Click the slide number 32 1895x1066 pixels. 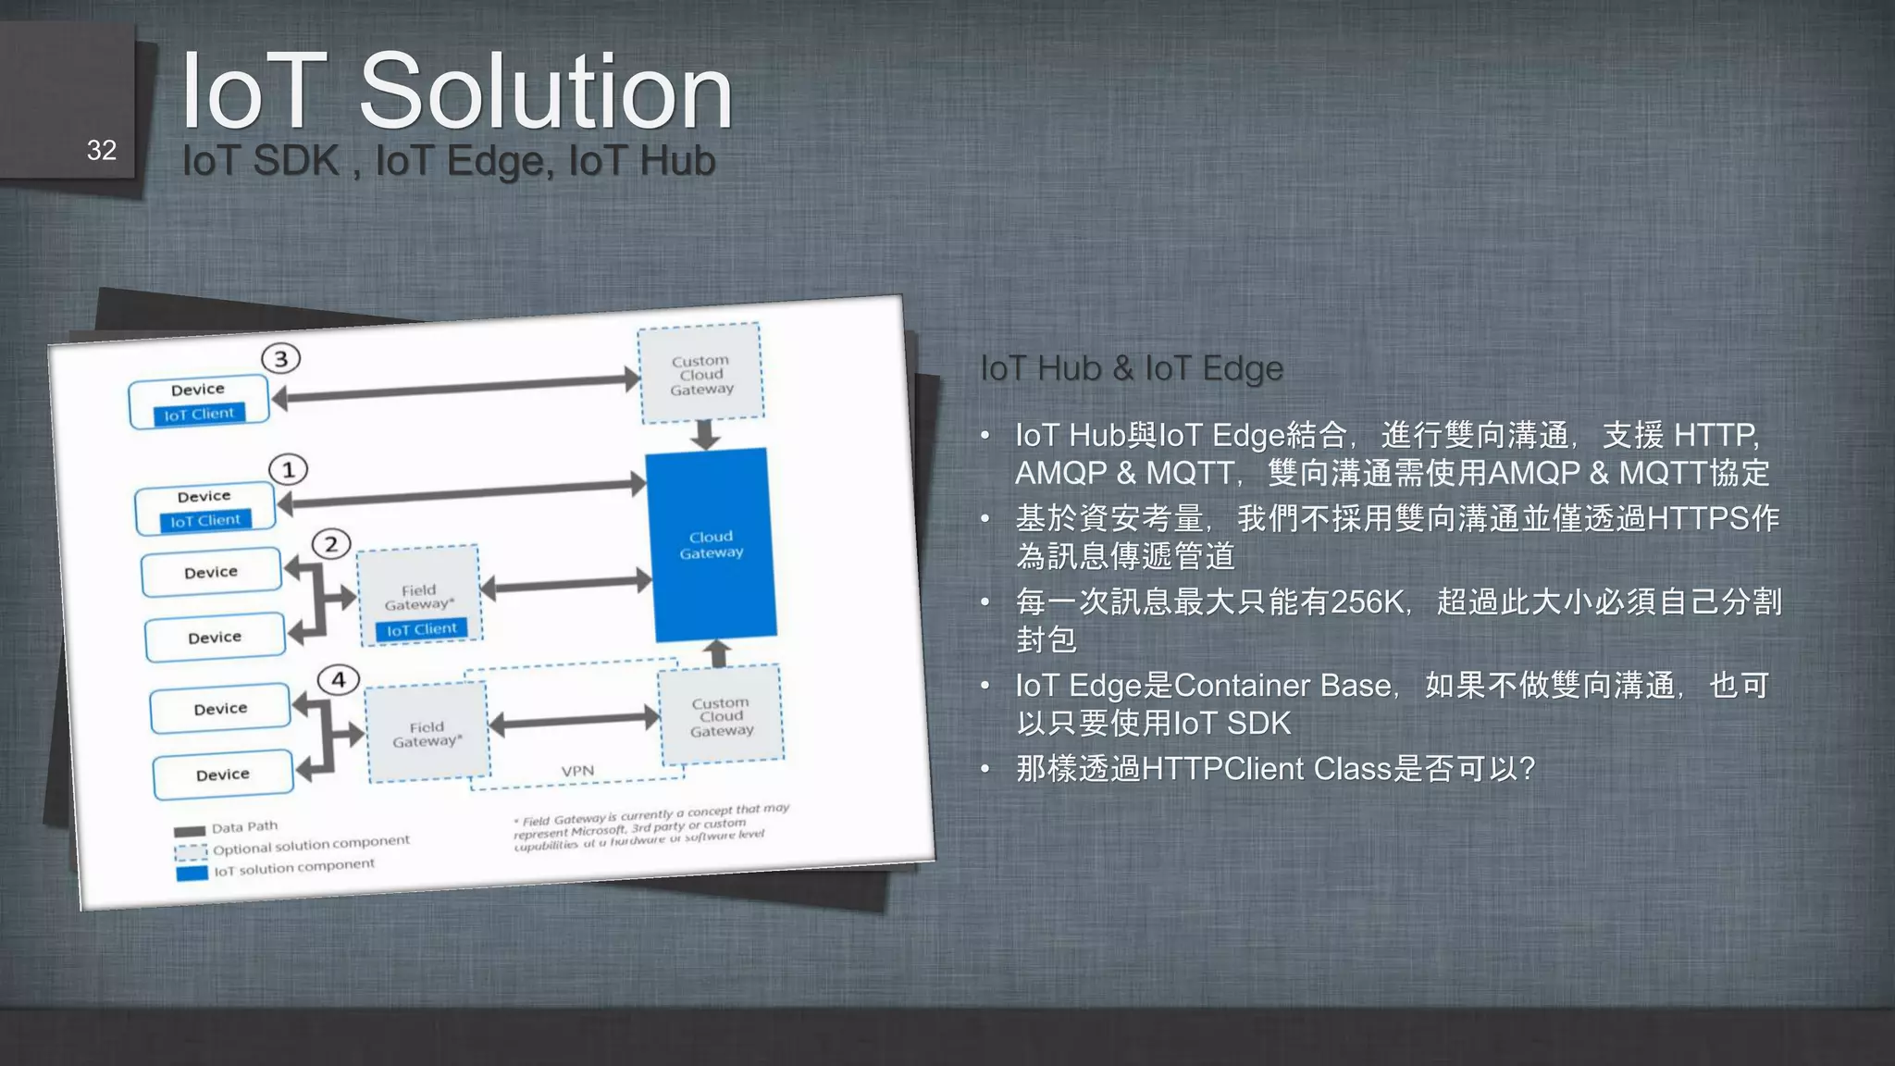click(102, 151)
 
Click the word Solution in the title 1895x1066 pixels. click(546, 93)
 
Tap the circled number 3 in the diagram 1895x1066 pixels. click(281, 358)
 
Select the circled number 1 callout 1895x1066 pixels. click(288, 469)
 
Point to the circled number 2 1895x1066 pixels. click(331, 544)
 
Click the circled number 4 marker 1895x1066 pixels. click(339, 680)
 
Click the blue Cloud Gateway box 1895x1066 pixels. click(711, 544)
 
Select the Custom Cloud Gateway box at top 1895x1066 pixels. click(700, 374)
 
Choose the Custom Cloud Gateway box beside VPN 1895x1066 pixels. click(721, 716)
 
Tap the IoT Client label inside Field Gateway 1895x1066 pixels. click(421, 629)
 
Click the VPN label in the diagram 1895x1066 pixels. click(577, 771)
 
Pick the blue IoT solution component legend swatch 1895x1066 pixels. click(192, 873)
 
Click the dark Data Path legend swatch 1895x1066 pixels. click(190, 830)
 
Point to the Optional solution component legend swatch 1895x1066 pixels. click(191, 851)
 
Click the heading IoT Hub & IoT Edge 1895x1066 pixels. click(1131, 368)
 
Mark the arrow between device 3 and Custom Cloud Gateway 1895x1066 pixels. click(457, 388)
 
